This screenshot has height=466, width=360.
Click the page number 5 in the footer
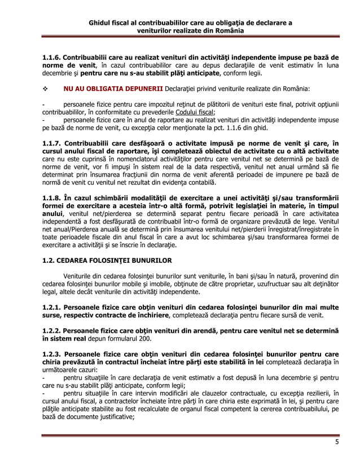tap(336, 442)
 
